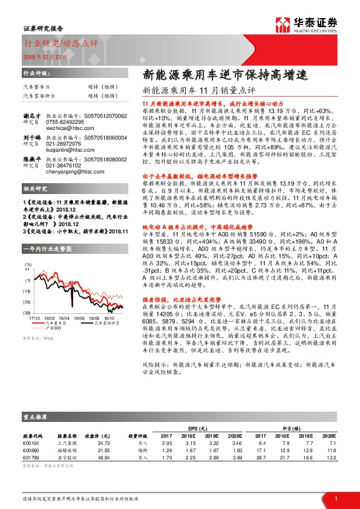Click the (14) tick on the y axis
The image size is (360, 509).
pyautogui.click(x=28, y=290)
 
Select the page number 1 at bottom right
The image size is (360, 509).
pyautogui.click(x=335, y=498)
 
